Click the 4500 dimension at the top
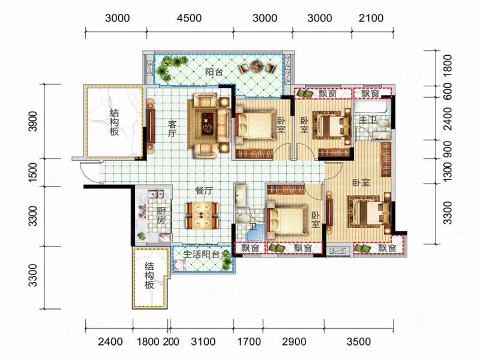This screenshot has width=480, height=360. (189, 18)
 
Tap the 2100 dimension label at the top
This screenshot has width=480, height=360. (371, 18)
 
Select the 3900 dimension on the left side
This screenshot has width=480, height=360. (32, 121)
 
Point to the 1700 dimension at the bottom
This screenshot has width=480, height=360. (249, 341)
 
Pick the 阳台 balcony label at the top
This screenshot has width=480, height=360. (214, 72)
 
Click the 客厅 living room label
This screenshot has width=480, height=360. (172, 129)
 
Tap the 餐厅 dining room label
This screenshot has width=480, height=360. (204, 191)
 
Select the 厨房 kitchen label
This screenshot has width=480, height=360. (161, 215)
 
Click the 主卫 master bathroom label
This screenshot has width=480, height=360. (368, 119)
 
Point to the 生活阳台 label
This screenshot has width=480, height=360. (202, 254)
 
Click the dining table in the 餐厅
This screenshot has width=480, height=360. (202, 215)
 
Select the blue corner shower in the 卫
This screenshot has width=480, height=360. (254, 233)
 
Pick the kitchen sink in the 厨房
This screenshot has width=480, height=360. (156, 194)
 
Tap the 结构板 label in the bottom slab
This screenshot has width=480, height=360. (149, 275)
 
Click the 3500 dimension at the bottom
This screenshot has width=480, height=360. (358, 341)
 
